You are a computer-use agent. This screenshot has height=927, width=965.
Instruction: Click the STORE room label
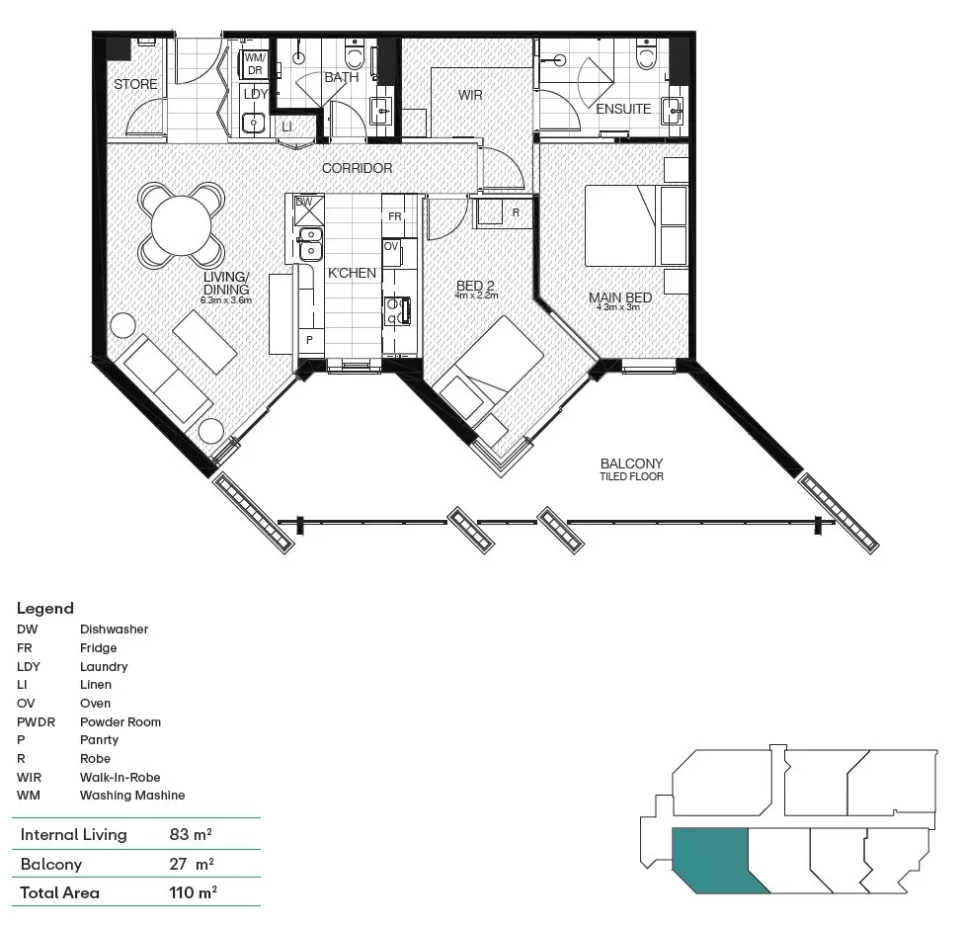pyautogui.click(x=135, y=84)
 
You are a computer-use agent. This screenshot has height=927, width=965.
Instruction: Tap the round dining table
pyautogui.click(x=180, y=223)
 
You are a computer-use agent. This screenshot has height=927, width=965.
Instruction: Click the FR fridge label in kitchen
pyautogui.click(x=394, y=216)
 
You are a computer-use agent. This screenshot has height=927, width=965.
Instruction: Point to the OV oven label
pyautogui.click(x=391, y=246)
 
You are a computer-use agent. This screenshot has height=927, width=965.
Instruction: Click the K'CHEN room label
pyautogui.click(x=352, y=273)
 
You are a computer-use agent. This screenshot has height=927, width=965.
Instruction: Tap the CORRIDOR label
pyautogui.click(x=357, y=168)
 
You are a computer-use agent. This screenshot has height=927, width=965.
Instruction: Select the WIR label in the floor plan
pyautogui.click(x=469, y=96)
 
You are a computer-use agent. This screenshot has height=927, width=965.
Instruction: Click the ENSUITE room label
pyautogui.click(x=623, y=109)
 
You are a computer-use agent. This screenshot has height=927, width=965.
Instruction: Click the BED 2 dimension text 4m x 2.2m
pyautogui.click(x=475, y=295)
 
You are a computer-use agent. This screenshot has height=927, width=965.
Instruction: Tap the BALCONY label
pyautogui.click(x=631, y=463)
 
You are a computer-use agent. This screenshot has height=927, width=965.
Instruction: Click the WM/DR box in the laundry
pyautogui.click(x=254, y=64)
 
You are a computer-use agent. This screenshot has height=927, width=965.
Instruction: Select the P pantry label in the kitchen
pyautogui.click(x=309, y=339)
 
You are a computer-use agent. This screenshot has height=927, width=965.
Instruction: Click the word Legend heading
pyautogui.click(x=45, y=609)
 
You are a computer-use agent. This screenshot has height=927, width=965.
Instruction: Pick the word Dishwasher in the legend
pyautogui.click(x=114, y=630)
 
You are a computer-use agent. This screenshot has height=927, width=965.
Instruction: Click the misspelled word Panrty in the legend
pyautogui.click(x=99, y=740)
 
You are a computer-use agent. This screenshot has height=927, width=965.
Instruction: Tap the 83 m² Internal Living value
pyautogui.click(x=192, y=834)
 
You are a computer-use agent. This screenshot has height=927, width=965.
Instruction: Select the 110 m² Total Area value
pyautogui.click(x=194, y=892)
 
